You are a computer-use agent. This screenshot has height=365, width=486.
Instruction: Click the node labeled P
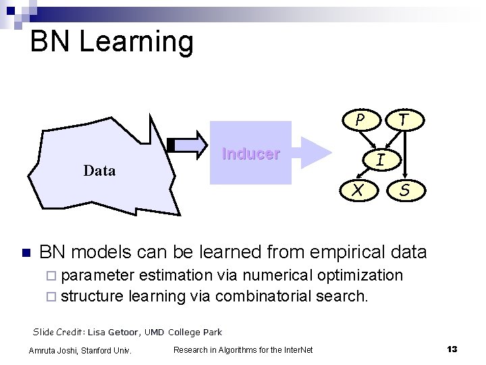[x=360, y=120]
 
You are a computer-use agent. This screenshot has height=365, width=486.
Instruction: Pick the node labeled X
[x=360, y=191]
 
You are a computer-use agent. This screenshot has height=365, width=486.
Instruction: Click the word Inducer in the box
[x=250, y=153]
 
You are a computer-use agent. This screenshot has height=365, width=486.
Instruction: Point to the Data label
[x=99, y=170]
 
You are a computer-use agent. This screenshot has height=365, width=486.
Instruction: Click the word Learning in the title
[x=136, y=41]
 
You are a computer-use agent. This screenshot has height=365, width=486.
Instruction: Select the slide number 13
[x=452, y=349]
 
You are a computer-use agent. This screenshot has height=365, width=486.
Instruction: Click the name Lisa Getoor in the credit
[x=113, y=332]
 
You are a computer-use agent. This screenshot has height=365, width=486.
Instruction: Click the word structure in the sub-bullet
[x=92, y=295]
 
